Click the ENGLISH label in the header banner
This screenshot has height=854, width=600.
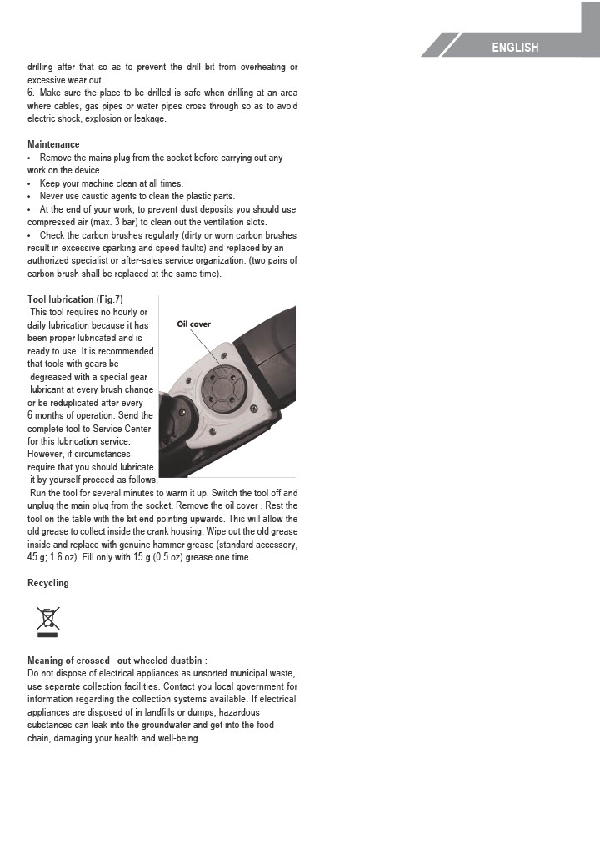(x=515, y=48)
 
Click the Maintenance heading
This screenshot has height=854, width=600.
(x=53, y=144)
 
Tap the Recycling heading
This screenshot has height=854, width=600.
(x=48, y=583)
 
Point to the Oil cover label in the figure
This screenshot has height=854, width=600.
(x=194, y=324)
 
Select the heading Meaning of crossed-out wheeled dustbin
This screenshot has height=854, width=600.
(x=111, y=661)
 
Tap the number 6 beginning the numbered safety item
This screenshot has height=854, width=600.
(x=31, y=93)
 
